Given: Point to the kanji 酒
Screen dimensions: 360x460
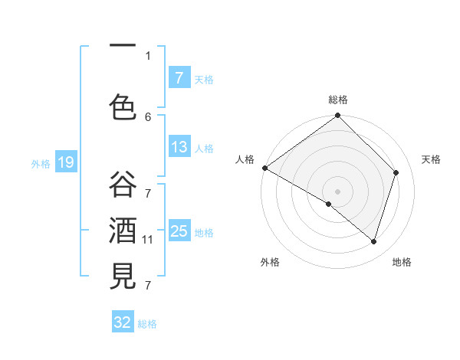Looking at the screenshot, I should coord(123,230).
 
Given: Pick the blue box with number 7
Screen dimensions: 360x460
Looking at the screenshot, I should coord(179,77).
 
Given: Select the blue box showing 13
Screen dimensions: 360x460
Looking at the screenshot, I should coord(179,147).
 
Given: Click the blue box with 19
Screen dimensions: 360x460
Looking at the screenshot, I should coord(65,162).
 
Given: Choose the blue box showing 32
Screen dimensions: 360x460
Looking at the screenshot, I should coord(123,322).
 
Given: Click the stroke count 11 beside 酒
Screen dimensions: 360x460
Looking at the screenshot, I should coord(148,240).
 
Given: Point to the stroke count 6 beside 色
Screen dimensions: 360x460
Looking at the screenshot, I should coord(148,116).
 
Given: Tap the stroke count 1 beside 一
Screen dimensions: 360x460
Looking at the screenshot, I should coord(148,55).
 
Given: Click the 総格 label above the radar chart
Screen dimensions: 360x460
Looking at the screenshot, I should coord(338,100).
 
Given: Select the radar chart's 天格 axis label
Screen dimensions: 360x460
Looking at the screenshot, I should coord(431,159).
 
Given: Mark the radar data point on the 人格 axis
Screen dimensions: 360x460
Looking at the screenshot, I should coord(264,168).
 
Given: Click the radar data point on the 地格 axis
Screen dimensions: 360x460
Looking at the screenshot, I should coord(373,242).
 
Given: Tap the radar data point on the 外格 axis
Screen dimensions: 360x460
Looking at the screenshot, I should coord(329,204).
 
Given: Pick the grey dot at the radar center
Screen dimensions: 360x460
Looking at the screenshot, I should coord(337,191).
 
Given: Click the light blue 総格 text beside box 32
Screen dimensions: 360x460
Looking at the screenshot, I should coord(147,324).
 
